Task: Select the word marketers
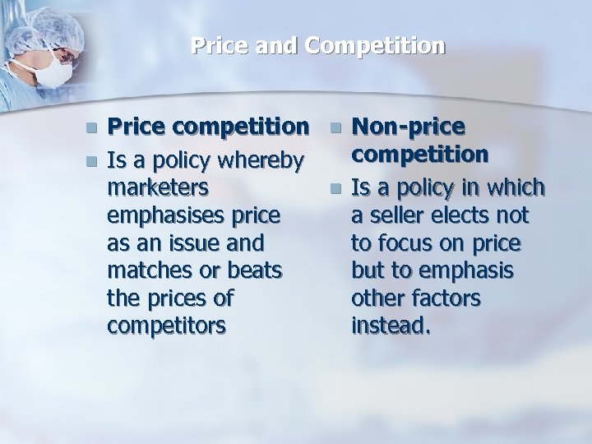coord(158,187)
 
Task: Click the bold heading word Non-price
coord(408,127)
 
